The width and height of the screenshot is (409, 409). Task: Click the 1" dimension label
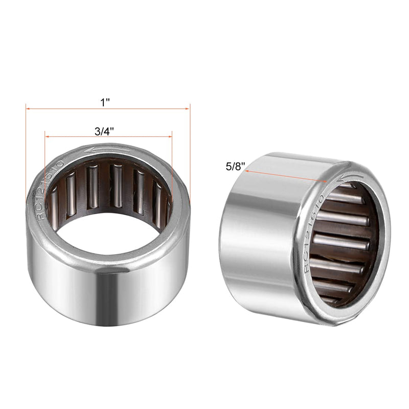point(105,102)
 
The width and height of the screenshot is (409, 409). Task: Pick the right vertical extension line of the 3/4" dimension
point(172,169)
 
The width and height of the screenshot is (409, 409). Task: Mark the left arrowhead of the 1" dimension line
point(29,108)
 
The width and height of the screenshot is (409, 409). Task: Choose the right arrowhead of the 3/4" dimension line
point(169,137)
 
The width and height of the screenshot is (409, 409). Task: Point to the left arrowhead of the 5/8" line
point(247,171)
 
